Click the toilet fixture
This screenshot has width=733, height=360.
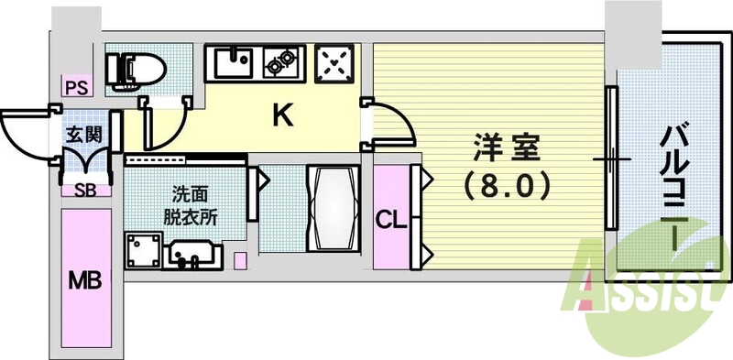coord(135,67)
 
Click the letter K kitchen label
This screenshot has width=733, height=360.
coord(284,115)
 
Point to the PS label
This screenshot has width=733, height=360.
coord(75,89)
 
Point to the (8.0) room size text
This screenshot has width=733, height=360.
coord(505,186)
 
